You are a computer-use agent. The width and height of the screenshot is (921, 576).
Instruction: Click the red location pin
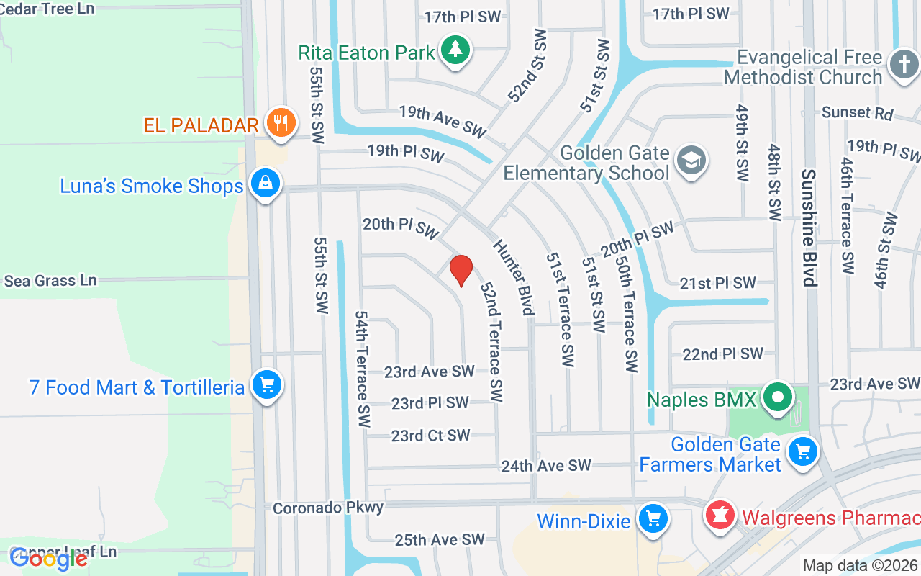coord(460,270)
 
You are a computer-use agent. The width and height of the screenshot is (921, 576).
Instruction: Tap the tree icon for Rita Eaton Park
coord(455,50)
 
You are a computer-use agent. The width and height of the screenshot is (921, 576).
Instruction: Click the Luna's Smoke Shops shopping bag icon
coord(265,184)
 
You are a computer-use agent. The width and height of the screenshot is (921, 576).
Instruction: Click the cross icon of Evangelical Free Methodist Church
coord(904,65)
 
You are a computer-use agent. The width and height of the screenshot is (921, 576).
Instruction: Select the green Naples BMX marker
coord(777,397)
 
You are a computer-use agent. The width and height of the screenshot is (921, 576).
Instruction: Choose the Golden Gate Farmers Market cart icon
coord(803,452)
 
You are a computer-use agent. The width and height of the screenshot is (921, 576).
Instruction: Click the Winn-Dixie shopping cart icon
coord(653,518)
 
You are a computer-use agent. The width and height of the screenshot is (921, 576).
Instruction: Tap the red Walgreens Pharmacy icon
coord(720,516)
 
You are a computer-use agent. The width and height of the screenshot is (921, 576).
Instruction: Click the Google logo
coord(49,558)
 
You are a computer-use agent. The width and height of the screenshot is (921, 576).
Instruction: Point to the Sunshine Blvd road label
coord(809,228)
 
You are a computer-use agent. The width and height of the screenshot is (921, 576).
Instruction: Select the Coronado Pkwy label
coord(328,508)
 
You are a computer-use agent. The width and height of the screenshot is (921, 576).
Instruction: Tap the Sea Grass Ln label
coord(50,280)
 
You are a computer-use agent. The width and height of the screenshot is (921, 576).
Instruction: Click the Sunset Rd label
coord(857,113)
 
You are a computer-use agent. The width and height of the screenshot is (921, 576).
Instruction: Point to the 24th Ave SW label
coord(546,466)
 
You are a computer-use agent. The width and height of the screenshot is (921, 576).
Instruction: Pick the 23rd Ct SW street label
coord(430,436)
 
